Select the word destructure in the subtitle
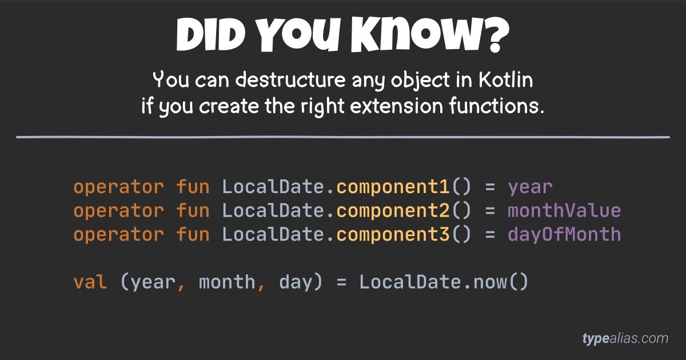click(290, 81)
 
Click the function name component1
click(393, 187)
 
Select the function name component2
click(393, 211)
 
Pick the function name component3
click(393, 234)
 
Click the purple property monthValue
click(564, 211)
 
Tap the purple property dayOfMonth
click(564, 234)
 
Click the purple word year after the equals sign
click(530, 187)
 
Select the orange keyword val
click(90, 282)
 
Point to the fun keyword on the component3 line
click(193, 234)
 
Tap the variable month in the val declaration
click(227, 282)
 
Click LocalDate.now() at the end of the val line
click(444, 282)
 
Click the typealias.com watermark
click(625, 338)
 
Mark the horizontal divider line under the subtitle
click(343, 137)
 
